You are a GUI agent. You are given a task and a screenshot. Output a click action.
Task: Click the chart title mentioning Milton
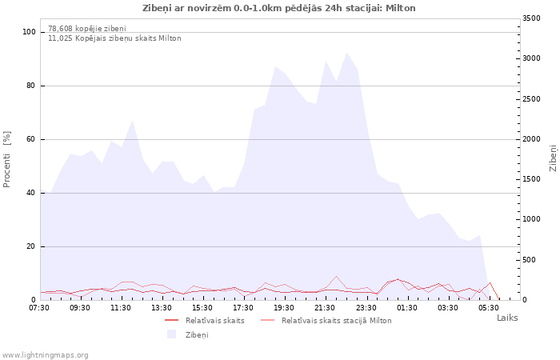pos(279,8)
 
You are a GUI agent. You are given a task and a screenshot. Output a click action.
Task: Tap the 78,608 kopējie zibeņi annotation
pos(87,28)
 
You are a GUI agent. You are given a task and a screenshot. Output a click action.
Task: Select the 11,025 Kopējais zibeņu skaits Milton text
pos(114,38)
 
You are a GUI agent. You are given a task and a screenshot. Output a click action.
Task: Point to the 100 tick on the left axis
pos(29,32)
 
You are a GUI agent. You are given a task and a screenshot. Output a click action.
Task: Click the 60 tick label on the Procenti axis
pos(31,139)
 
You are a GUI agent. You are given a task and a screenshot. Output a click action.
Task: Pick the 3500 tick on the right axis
pos(531,18)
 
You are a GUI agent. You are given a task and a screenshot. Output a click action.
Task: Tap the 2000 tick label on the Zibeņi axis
pos(531,139)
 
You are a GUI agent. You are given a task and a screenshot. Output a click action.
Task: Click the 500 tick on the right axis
pos(530,260)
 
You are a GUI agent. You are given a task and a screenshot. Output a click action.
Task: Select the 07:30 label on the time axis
pos(39,308)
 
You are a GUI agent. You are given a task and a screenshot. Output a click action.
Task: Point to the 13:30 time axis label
pos(162,308)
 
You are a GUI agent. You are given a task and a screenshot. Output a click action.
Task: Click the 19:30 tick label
pos(284,308)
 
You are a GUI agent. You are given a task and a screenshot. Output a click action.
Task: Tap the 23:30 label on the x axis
pos(366,308)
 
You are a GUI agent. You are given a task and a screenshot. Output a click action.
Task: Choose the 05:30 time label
pos(488,308)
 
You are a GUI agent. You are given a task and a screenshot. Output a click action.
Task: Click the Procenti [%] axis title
pos(6,159)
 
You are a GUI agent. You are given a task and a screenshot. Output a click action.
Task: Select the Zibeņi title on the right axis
pos(553,158)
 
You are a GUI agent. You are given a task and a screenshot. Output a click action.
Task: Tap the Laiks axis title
pos(507,318)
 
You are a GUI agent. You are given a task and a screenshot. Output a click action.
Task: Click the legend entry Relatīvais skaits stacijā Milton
pos(337,321)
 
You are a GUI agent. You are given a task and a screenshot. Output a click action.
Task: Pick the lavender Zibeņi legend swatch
pos(172,334)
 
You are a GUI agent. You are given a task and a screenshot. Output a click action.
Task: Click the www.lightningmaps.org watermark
pos(45,355)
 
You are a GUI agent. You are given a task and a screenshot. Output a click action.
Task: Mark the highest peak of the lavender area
pos(346,53)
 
